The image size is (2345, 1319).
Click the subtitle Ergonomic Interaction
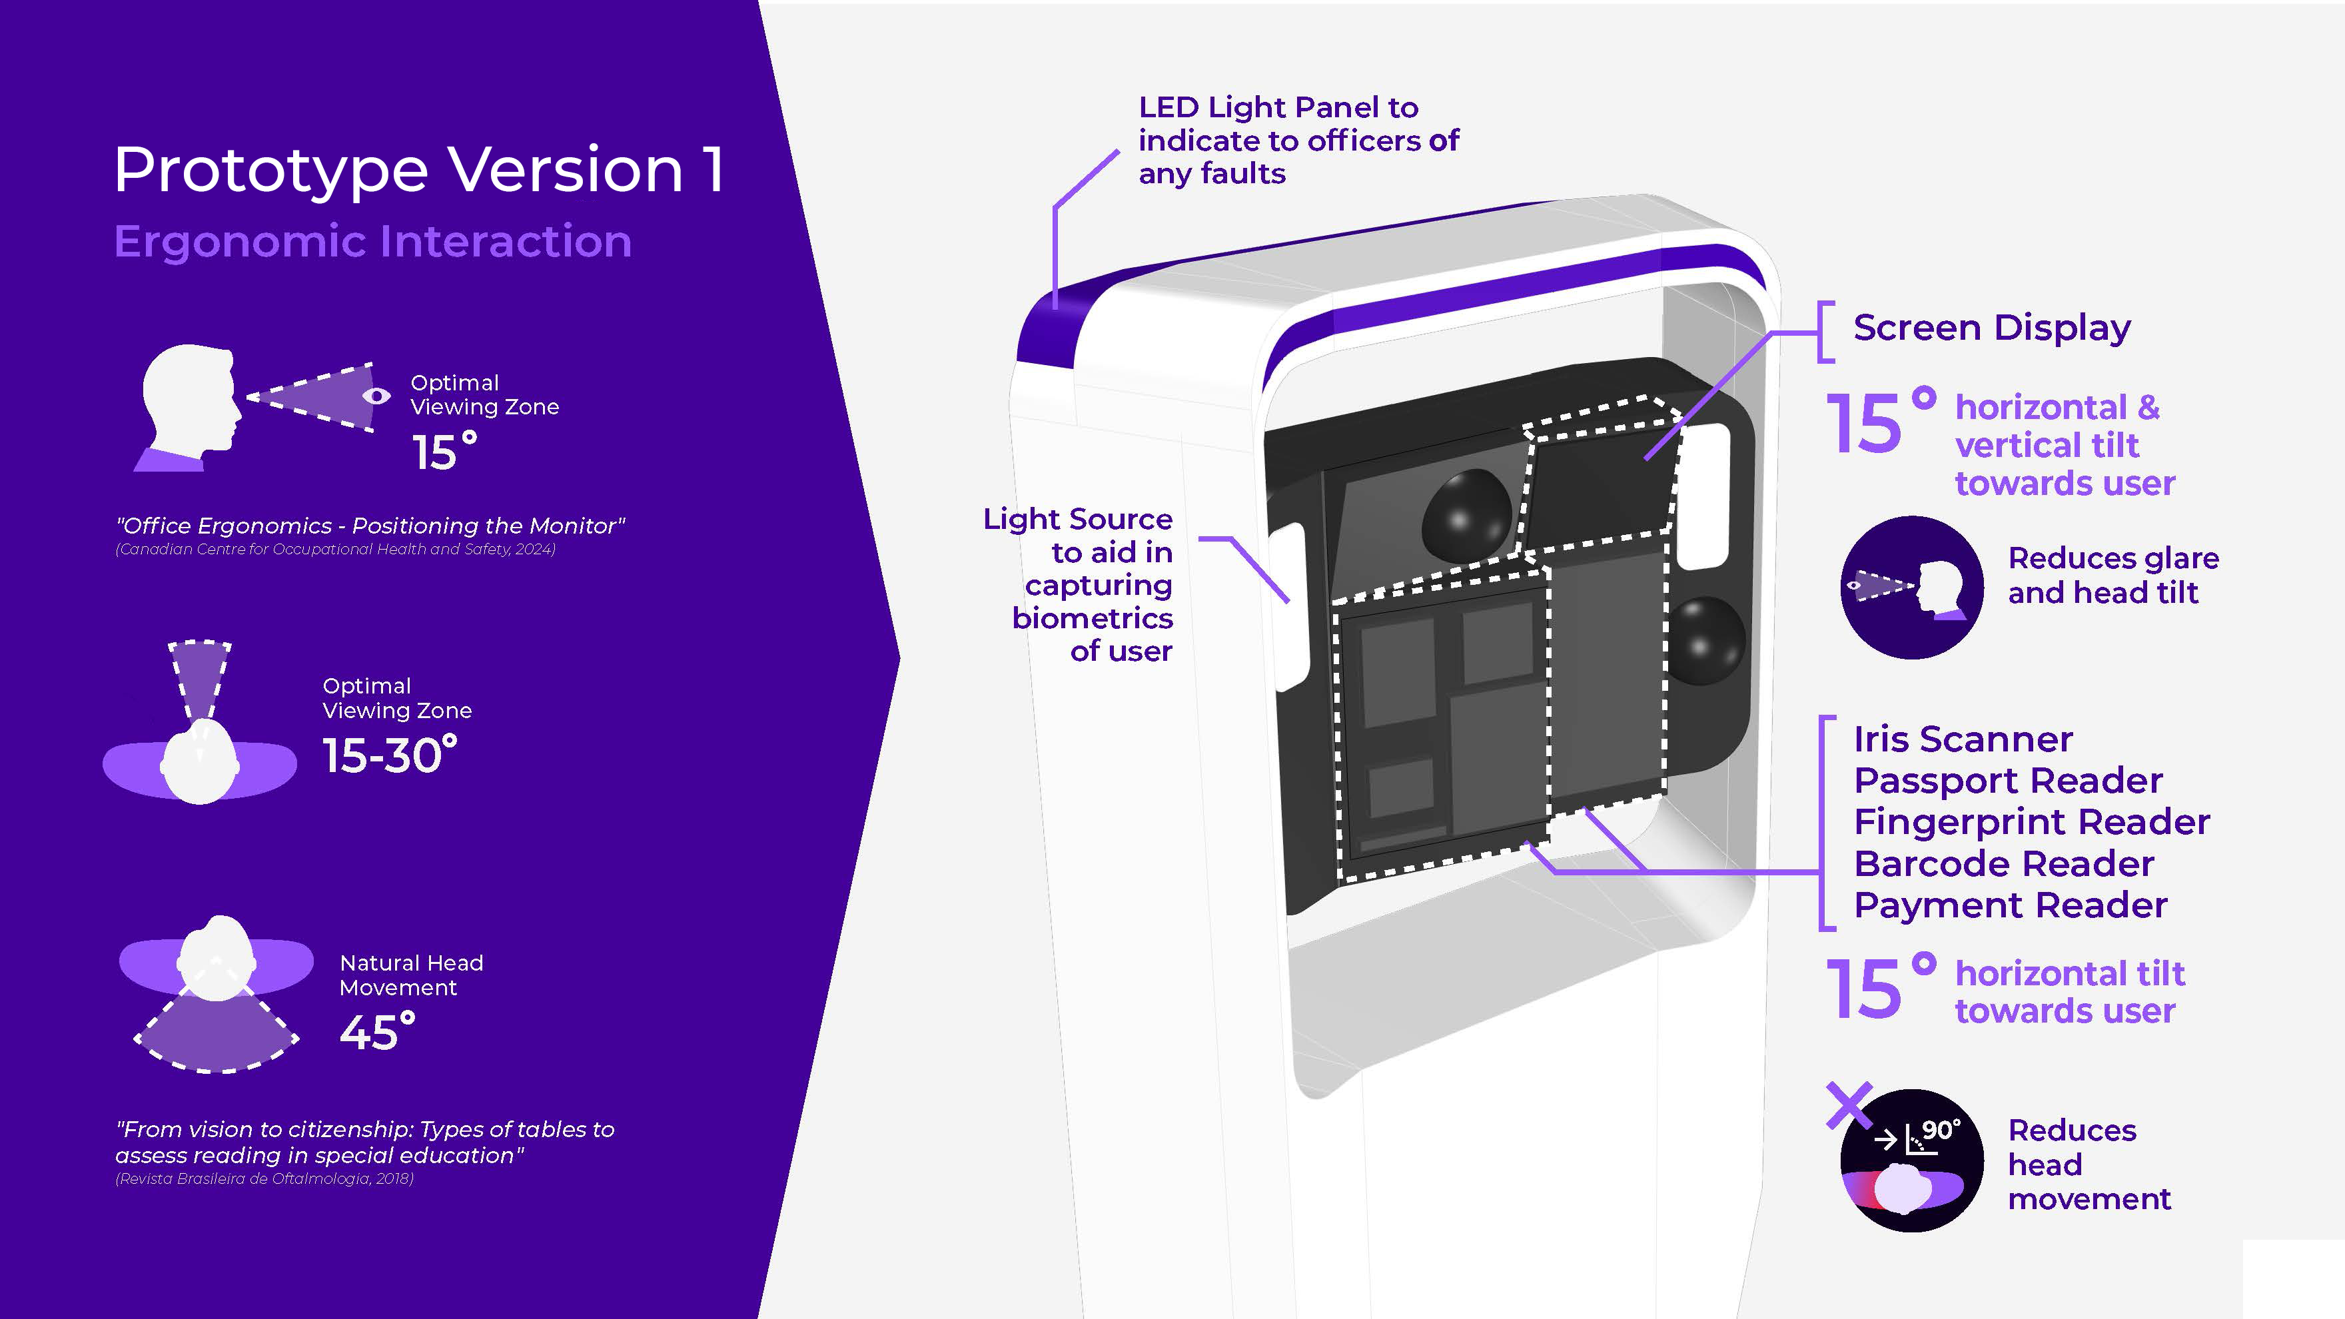372,241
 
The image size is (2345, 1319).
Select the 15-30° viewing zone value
390,755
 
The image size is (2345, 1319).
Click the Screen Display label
1992,328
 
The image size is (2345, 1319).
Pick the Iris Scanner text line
1963,739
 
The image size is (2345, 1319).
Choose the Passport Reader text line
2007,781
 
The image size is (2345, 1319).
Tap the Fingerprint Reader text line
2031,822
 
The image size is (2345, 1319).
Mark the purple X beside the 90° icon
1849,1105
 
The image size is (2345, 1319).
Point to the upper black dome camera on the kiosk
1465,514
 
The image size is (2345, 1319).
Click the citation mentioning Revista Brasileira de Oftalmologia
264,1179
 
